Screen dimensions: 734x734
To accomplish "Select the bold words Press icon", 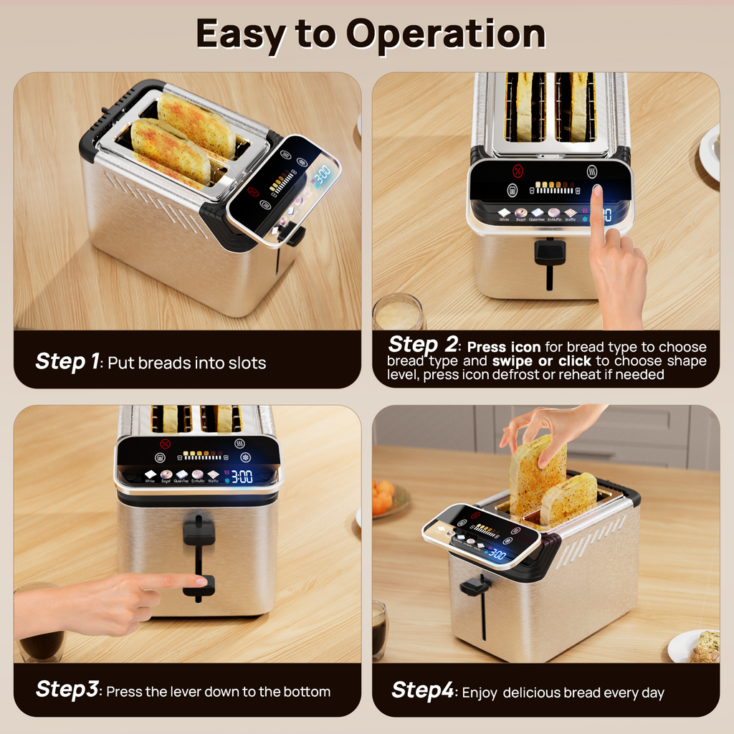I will [x=504, y=348].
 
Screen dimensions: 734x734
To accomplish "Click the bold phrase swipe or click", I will [x=541, y=361].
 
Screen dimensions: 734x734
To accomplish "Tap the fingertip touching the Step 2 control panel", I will [x=596, y=191].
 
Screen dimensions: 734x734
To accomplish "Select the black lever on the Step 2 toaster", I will [x=550, y=252].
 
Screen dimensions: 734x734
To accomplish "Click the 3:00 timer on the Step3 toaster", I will [x=242, y=476].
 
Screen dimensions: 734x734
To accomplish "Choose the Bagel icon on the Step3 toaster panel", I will [x=166, y=475].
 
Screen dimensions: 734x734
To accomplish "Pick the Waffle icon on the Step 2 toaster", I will [x=571, y=214].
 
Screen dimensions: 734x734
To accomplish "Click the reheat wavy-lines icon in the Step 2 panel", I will [x=593, y=172].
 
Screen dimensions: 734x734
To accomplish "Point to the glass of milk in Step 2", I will [x=398, y=313].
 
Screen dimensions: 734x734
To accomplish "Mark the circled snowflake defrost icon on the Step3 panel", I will [x=246, y=458].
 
